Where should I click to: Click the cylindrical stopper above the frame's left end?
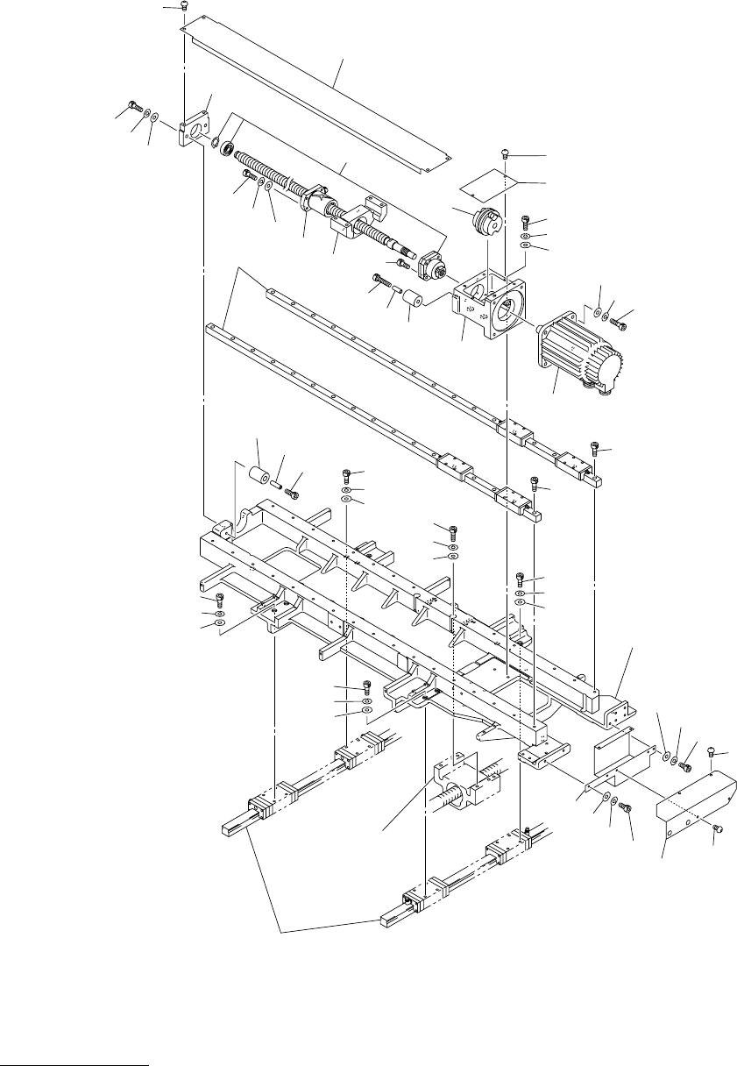pyautogui.click(x=257, y=477)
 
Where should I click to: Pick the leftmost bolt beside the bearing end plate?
pyautogui.click(x=133, y=107)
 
